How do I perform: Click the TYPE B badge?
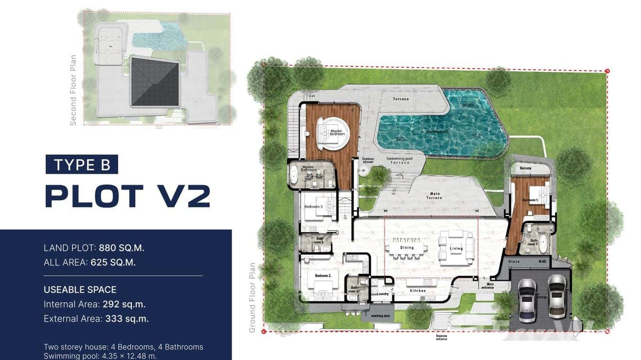point(82,165)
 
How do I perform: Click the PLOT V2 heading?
point(128,196)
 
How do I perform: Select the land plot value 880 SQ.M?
point(121,248)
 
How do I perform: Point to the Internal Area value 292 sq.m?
point(124,304)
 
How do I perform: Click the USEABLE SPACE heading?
point(80,290)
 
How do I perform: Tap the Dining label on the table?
point(407,248)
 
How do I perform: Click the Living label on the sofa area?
point(456,248)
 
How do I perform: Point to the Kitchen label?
point(417,291)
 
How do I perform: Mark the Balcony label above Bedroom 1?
point(525,168)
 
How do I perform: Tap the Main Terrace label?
point(435,196)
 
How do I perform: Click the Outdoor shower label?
point(368,160)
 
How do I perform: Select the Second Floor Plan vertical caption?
point(73,90)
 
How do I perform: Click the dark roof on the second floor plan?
point(155,82)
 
